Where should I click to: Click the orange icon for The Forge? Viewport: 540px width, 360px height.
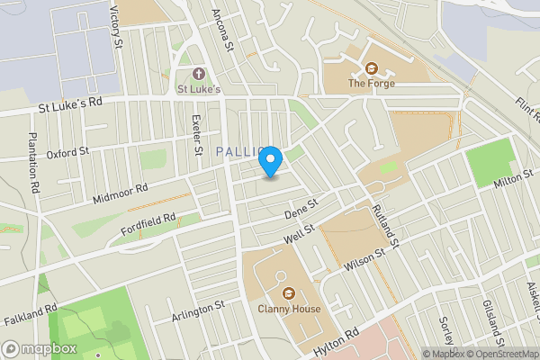371,67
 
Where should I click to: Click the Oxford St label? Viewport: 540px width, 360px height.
67,152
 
